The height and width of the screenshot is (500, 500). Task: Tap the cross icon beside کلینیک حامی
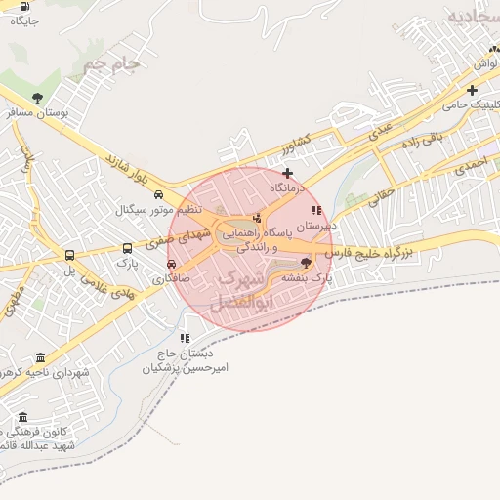point(472,90)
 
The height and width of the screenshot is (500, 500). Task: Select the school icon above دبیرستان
point(315,210)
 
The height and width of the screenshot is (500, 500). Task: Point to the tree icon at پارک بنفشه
point(307,263)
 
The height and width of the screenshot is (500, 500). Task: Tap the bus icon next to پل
point(69,256)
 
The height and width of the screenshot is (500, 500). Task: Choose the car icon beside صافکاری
point(172,263)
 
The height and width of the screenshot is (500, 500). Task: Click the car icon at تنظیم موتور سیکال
point(158,193)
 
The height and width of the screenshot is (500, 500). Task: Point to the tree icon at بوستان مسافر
point(37,97)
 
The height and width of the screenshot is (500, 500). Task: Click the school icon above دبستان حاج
point(185,338)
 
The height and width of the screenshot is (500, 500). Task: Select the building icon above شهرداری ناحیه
point(39,357)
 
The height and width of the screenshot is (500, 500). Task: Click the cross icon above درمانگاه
point(287,173)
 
